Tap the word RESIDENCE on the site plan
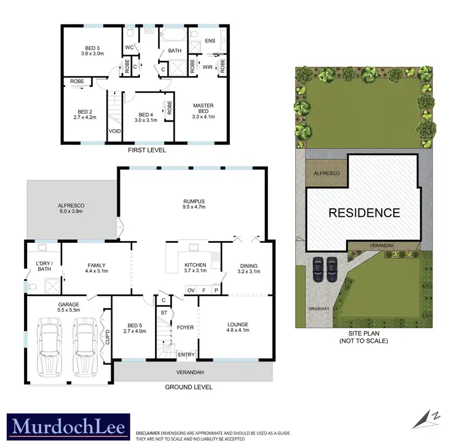pyautogui.click(x=364, y=213)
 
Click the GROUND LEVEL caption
pyautogui.click(x=189, y=387)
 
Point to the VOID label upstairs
pyautogui.click(x=115, y=132)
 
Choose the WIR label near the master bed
pyautogui.click(x=207, y=69)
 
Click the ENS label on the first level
pyautogui.click(x=210, y=41)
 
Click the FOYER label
pyautogui.click(x=185, y=328)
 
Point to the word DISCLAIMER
pyautogui.click(x=151, y=433)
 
